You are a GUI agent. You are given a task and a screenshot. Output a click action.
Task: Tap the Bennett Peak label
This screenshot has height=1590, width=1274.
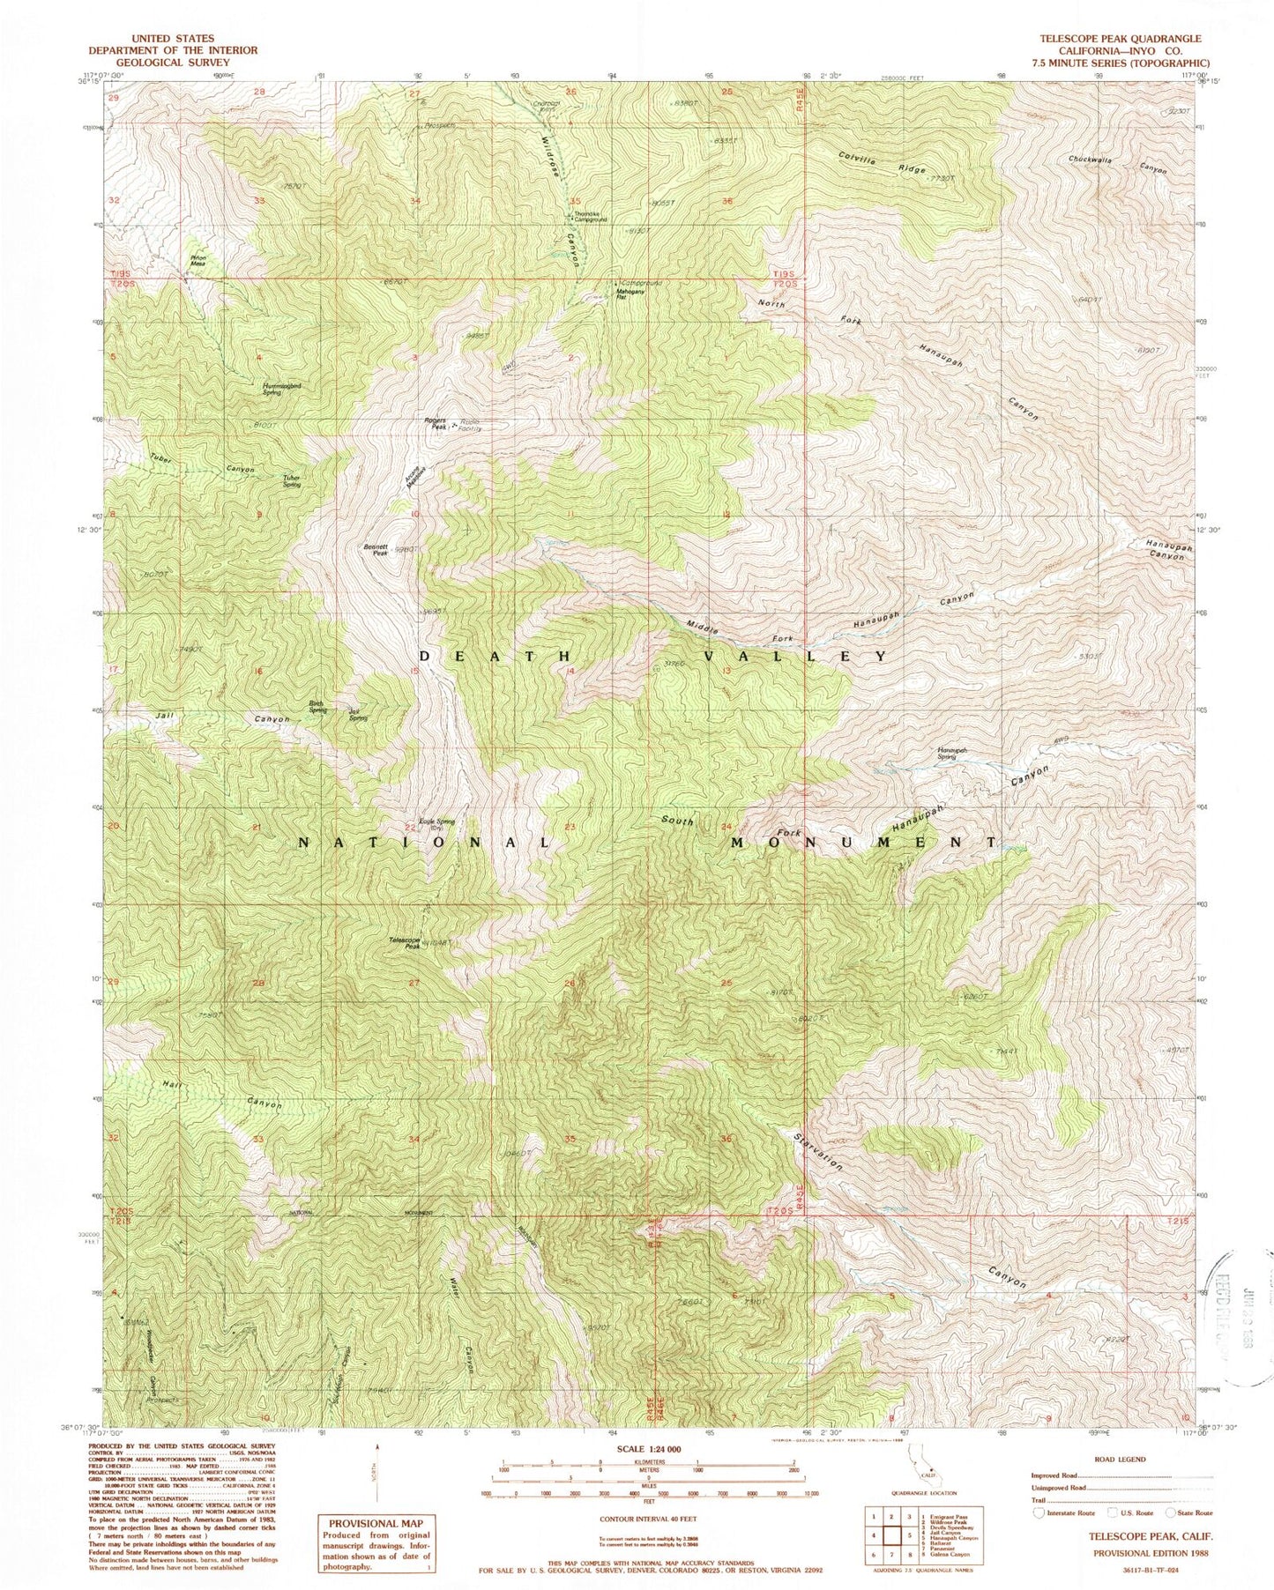coord(375,549)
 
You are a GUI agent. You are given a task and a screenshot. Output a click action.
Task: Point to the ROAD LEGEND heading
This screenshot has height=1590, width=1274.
coord(1115,1459)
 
